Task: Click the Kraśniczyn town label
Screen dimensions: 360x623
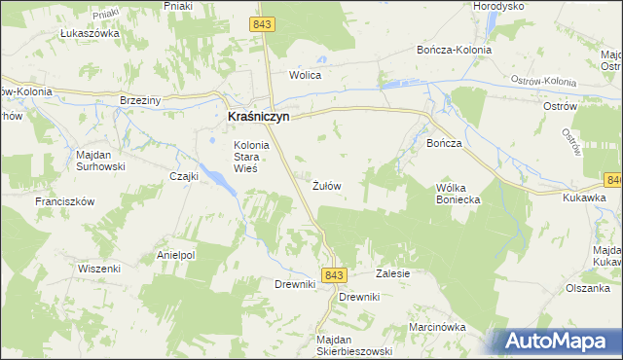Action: [258, 115]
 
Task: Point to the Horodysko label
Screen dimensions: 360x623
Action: [498, 6]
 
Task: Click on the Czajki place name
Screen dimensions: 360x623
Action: [184, 176]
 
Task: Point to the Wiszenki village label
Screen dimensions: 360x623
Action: [98, 268]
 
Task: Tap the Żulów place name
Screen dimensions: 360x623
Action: [326, 185]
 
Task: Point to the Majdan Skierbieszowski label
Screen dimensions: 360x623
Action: [352, 345]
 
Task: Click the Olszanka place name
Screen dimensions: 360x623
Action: [589, 288]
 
